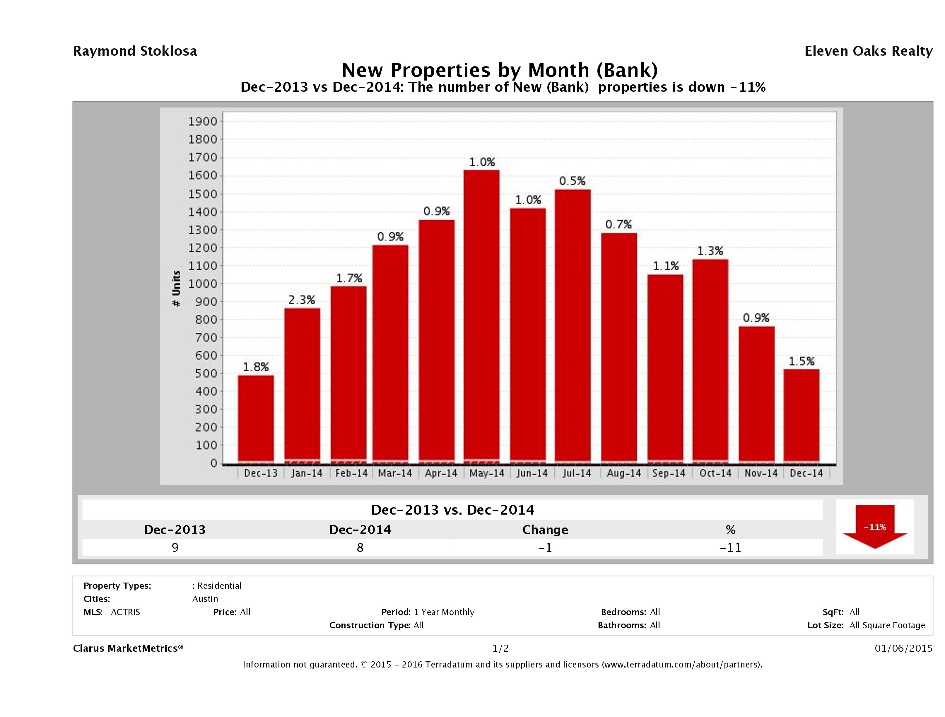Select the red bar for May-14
[x=481, y=316]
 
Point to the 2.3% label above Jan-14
[x=302, y=300]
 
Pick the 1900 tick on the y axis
[x=203, y=121]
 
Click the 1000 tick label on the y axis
[x=203, y=284]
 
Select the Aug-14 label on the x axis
[x=624, y=473]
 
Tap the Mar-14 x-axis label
[x=395, y=473]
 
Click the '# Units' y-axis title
[x=176, y=289]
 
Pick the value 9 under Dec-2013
[x=175, y=547]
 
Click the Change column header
[x=545, y=530]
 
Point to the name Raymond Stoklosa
[x=135, y=51]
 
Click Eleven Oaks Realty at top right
[x=868, y=51]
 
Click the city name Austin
[x=205, y=599]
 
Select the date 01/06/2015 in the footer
[x=903, y=648]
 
